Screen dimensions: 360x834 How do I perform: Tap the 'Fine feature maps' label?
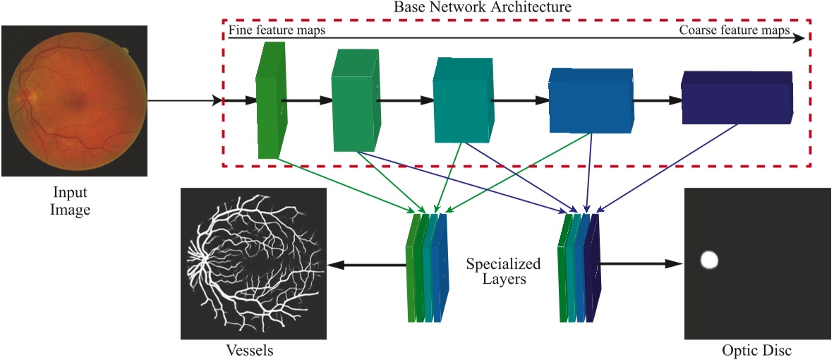(x=276, y=31)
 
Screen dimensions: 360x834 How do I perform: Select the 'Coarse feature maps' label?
(x=734, y=31)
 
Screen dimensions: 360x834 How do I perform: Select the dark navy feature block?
(x=737, y=98)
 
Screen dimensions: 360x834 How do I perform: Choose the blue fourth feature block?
(x=590, y=100)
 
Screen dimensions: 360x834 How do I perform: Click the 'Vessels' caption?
(x=249, y=350)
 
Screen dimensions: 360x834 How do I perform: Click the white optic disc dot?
(x=709, y=260)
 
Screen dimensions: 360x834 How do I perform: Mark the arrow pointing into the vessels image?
(x=367, y=265)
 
